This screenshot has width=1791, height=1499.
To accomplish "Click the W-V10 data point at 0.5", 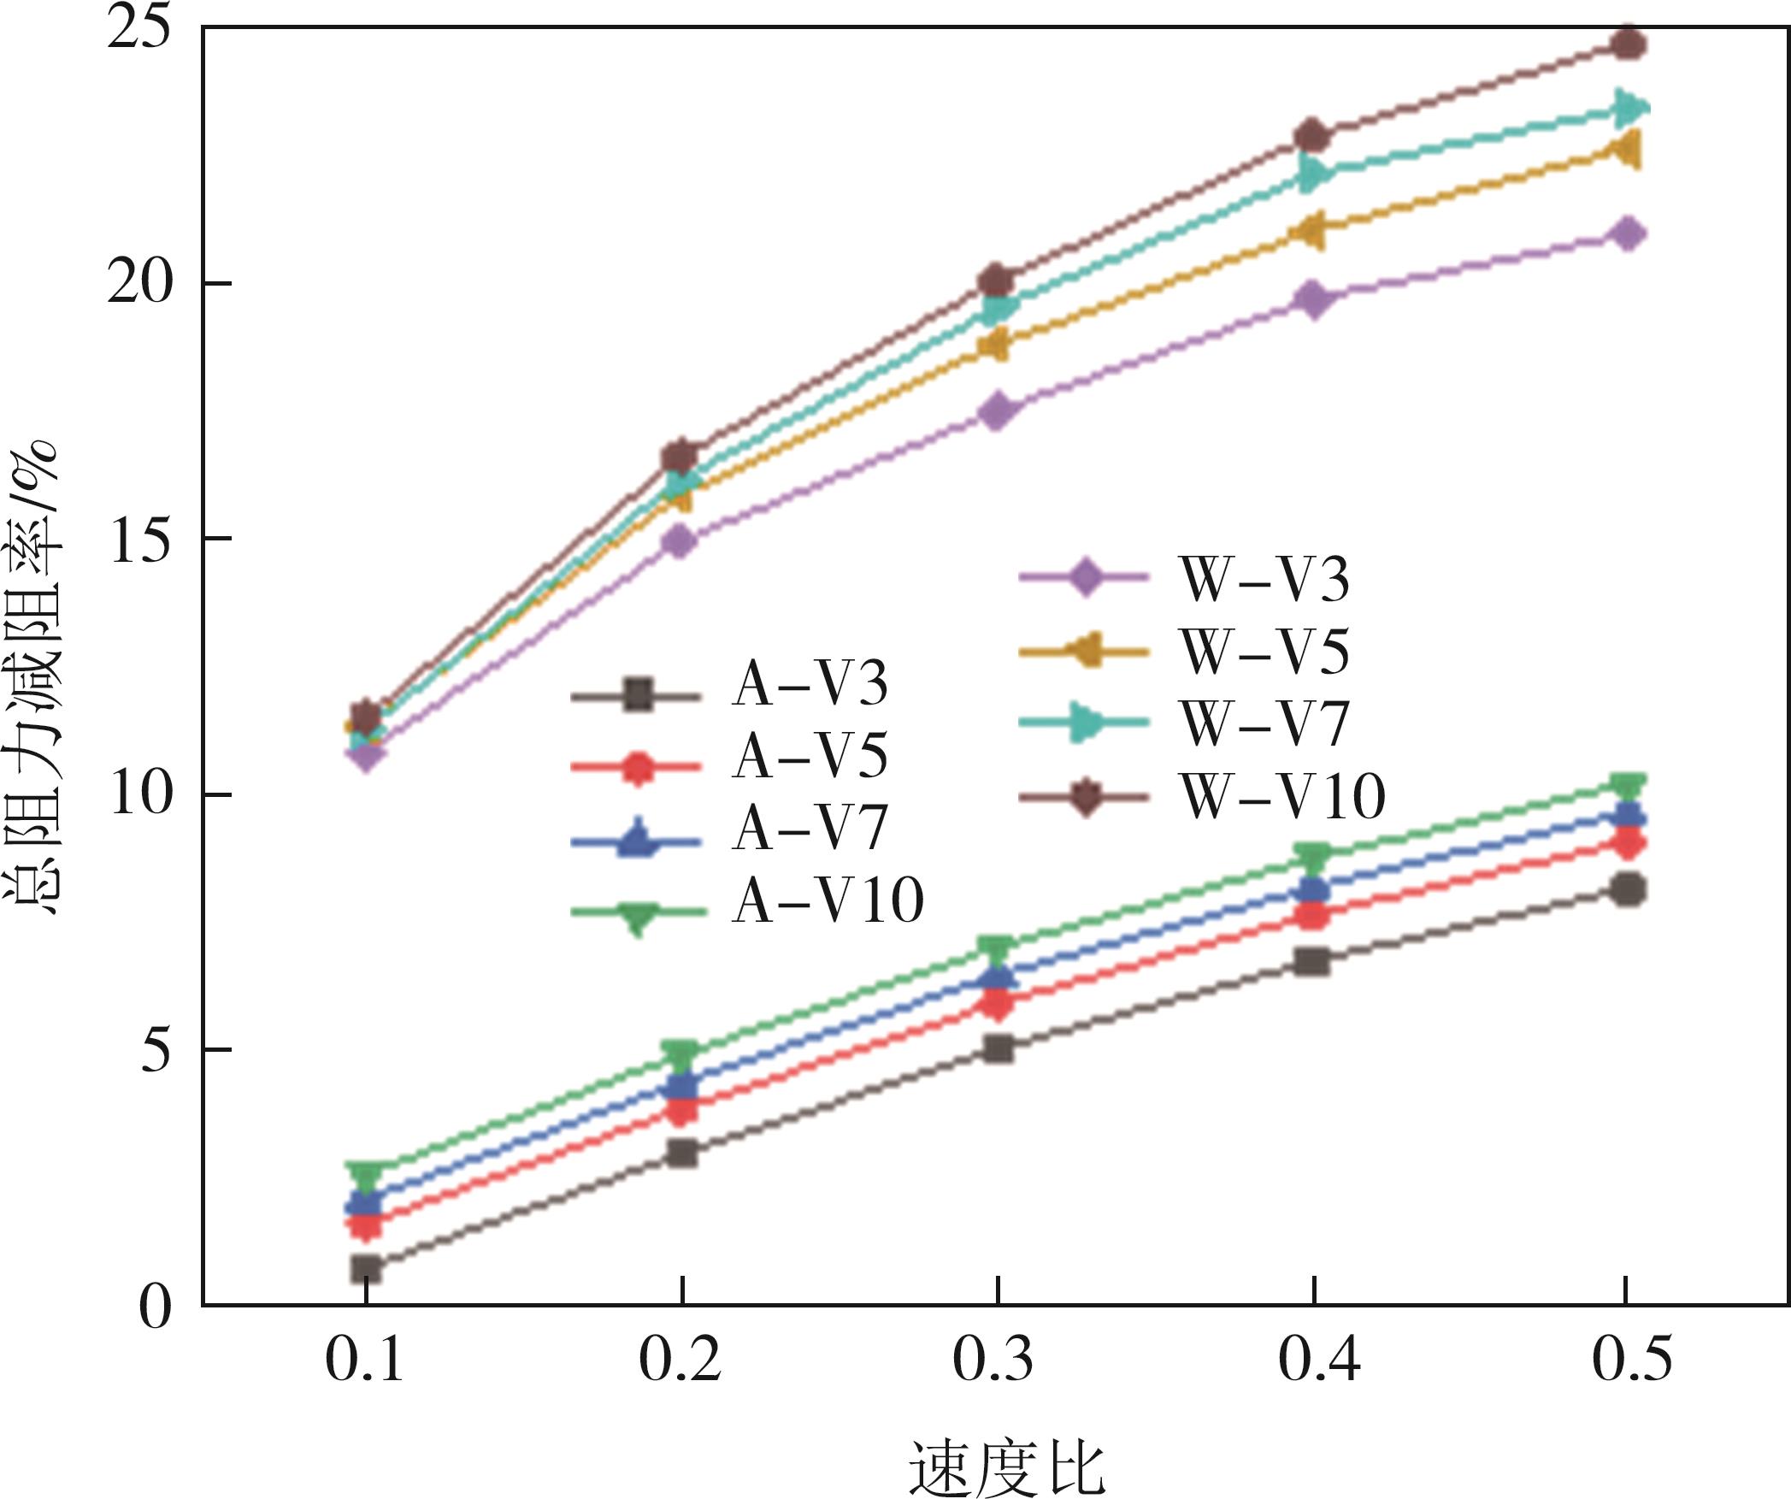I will pyautogui.click(x=1628, y=44).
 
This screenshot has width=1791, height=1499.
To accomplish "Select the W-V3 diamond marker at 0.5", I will pyautogui.click(x=1628, y=233).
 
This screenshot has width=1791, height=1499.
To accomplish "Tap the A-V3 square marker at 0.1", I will pyautogui.click(x=366, y=1268).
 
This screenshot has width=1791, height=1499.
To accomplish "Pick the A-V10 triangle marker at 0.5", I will pyautogui.click(x=1628, y=785).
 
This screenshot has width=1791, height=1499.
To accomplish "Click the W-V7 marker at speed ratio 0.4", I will pyautogui.click(x=1314, y=175).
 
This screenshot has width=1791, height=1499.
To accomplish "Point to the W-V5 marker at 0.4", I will pyautogui.click(x=1312, y=231).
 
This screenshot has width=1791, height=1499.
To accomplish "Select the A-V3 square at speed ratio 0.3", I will pyautogui.click(x=997, y=1048).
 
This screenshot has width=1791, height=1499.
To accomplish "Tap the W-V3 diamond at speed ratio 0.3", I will pyautogui.click(x=997, y=410).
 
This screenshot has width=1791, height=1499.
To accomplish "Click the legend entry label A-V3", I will pyautogui.click(x=810, y=684).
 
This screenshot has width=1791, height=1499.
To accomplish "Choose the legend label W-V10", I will pyautogui.click(x=1282, y=797).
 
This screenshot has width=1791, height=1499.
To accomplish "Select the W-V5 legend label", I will pyautogui.click(x=1264, y=652).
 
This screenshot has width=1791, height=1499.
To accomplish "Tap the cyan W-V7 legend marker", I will pyautogui.click(x=1084, y=723).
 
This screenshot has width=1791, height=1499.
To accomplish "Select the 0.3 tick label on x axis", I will pyautogui.click(x=993, y=1360).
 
